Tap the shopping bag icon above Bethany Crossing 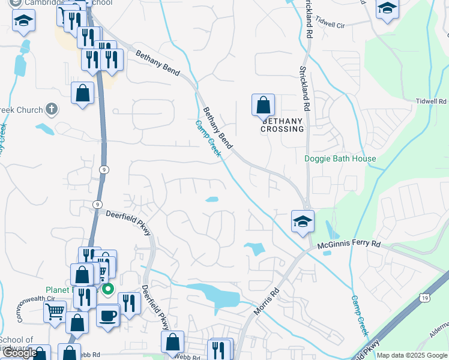263,105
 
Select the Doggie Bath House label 340,159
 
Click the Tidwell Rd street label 432,102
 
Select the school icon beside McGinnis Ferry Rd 303,221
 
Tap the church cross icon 52,110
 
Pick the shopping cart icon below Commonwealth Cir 55,311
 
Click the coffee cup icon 107,315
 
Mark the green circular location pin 108,290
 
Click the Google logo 20,353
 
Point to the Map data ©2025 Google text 412,355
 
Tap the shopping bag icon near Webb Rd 172,341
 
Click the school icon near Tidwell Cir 387,8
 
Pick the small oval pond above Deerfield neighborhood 212,200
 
